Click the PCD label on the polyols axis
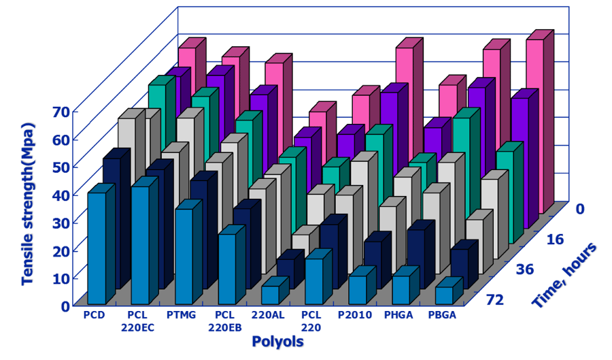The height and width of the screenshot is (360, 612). [95, 315]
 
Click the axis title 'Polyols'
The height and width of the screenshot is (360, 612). [277, 341]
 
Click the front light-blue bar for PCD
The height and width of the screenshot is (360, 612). [97, 248]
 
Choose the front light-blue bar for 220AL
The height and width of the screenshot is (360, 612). [270, 295]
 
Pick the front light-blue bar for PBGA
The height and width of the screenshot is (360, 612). [444, 295]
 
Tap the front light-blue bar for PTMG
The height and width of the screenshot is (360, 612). [184, 256]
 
